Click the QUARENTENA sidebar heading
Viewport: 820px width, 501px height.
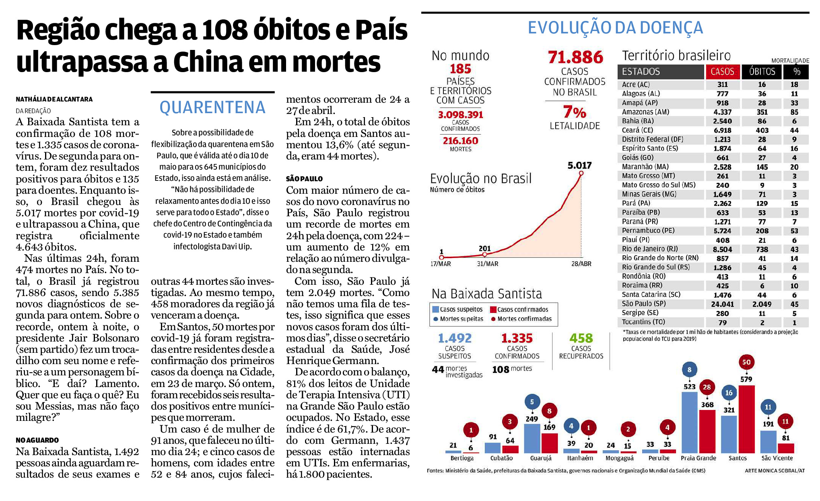212,108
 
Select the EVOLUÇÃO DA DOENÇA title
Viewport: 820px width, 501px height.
615,27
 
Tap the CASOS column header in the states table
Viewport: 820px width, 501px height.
722,72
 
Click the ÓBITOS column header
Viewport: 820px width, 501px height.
762,72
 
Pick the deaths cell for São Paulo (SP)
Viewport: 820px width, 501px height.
762,304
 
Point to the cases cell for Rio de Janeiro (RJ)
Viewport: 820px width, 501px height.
722,249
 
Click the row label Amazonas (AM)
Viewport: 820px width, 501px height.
645,112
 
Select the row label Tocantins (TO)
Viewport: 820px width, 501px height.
643,322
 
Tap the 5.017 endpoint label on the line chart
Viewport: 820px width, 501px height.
579,165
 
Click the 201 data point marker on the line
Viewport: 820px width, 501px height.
485,255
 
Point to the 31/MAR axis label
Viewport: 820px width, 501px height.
487,264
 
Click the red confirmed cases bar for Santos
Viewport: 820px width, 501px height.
746,419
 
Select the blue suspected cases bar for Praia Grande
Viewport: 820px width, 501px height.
690,422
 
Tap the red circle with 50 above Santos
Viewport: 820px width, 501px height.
746,362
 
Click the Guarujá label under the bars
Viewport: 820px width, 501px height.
541,458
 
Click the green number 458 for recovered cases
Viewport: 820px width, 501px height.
581,338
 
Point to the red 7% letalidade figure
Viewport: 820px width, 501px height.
575,112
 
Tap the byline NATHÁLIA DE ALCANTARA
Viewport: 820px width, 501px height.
54,99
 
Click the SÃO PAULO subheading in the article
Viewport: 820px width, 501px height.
305,179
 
